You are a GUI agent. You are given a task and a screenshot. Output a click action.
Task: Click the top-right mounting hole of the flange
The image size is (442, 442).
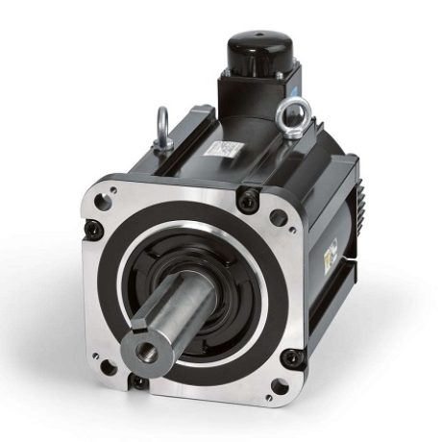(278, 217)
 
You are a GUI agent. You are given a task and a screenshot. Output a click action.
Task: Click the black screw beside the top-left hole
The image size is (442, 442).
(93, 229)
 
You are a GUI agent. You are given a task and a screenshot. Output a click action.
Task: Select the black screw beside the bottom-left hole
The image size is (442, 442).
(140, 382)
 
